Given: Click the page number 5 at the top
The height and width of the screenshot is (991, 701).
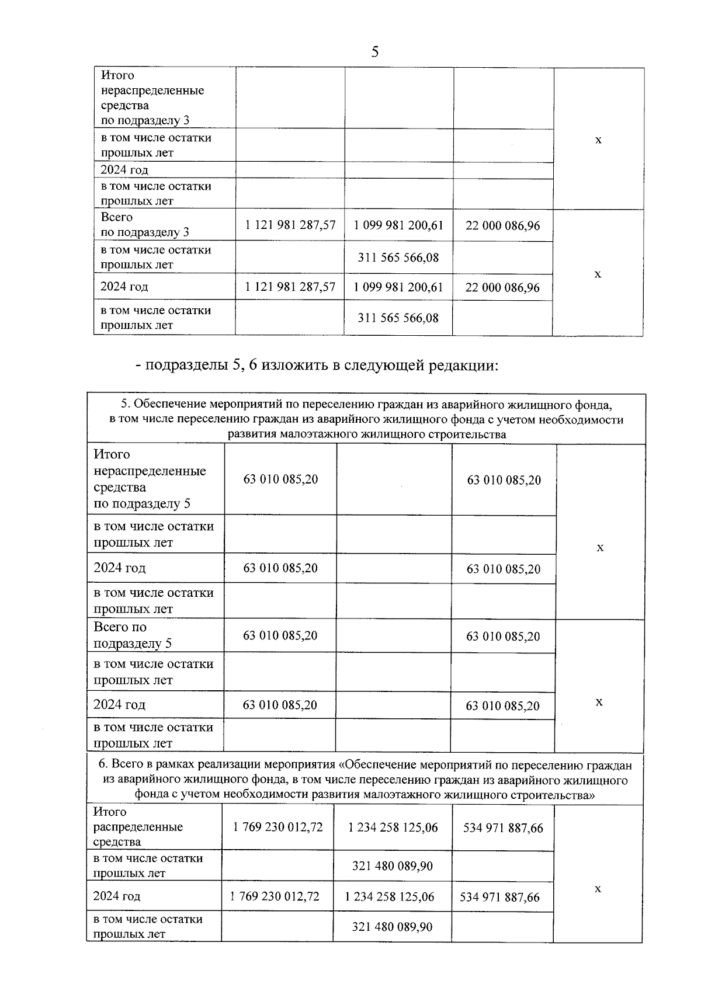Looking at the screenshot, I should pyautogui.click(x=374, y=53).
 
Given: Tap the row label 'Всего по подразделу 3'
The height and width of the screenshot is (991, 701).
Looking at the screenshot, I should pyautogui.click(x=145, y=225).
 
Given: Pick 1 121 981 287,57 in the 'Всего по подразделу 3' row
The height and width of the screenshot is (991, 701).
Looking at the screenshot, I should pyautogui.click(x=290, y=225).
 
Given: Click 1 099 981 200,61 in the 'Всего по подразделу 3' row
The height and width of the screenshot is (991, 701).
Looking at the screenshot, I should pyautogui.click(x=398, y=225).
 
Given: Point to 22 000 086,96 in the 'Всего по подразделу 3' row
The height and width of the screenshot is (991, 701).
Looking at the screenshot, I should pyautogui.click(x=502, y=225).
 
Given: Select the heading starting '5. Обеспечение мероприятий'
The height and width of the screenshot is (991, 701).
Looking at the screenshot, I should pyautogui.click(x=366, y=419).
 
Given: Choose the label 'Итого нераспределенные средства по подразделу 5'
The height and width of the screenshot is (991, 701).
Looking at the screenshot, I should pyautogui.click(x=150, y=479).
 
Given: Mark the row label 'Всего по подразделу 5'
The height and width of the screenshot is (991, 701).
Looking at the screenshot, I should pyautogui.click(x=133, y=635).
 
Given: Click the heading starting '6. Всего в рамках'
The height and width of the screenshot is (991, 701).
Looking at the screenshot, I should pyautogui.click(x=365, y=780).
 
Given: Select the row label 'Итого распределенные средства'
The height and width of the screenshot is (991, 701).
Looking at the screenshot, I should pyautogui.click(x=138, y=827).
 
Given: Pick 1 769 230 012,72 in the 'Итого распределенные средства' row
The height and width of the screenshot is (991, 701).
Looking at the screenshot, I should pyautogui.click(x=277, y=827).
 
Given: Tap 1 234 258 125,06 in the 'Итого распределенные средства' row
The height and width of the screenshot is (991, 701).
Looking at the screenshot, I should pyautogui.click(x=393, y=827).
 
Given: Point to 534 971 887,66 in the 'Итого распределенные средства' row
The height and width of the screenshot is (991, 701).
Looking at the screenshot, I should pyautogui.click(x=502, y=828).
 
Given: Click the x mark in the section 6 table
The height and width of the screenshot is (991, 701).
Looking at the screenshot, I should pyautogui.click(x=598, y=889).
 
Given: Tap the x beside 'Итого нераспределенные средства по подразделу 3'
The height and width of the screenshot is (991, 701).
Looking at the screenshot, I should pyautogui.click(x=598, y=140).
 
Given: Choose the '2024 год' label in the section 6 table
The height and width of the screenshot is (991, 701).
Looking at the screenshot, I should pyautogui.click(x=117, y=896).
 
